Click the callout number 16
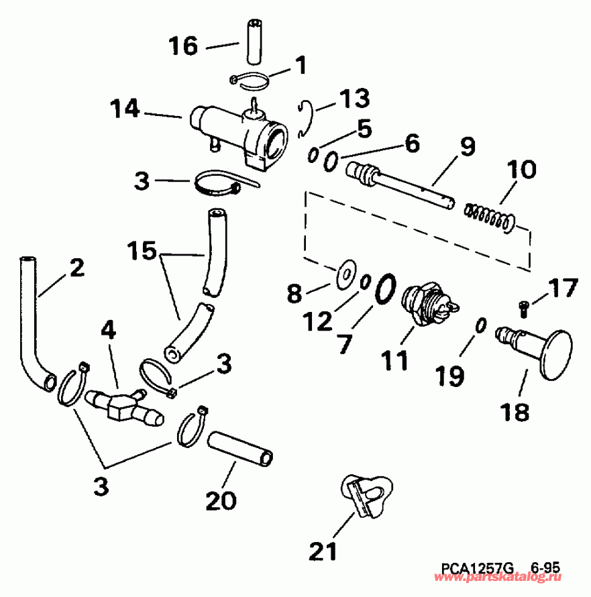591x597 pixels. [182, 46]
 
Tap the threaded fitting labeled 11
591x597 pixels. [427, 305]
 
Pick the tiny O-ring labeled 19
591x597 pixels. [480, 325]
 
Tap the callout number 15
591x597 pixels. [142, 252]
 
